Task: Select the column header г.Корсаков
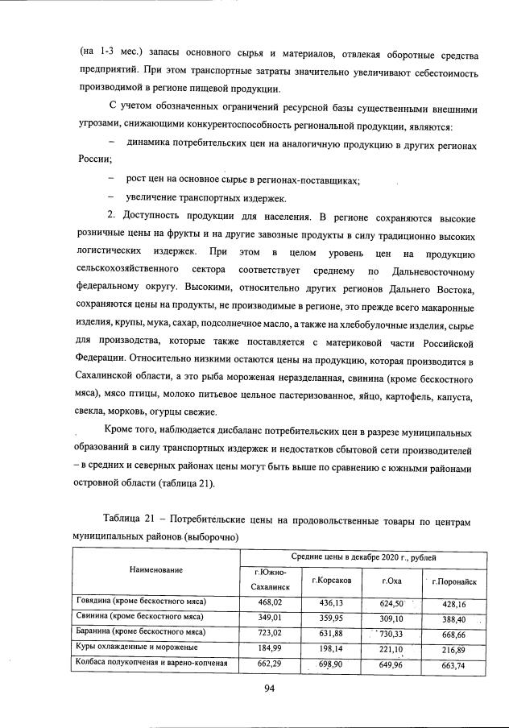pos(328,580)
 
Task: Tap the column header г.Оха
pos(392,580)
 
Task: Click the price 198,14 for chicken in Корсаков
pos(330,647)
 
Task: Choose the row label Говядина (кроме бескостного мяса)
pos(142,602)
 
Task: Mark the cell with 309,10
pos(391,617)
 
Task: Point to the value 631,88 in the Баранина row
pos(330,632)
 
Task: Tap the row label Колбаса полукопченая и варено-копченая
pos(152,663)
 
